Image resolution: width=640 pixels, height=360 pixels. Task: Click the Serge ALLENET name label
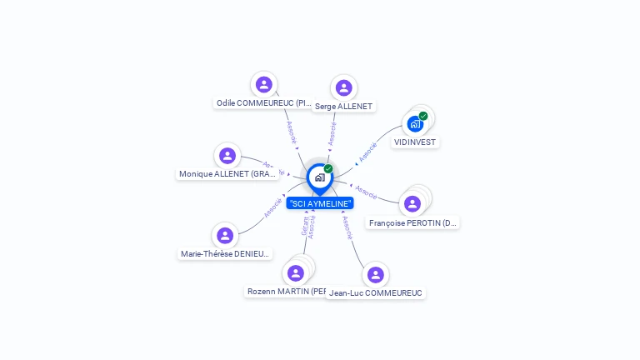(x=343, y=107)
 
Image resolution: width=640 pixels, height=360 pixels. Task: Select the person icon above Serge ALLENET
(x=343, y=87)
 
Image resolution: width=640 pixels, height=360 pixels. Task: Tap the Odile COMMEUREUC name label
(x=263, y=103)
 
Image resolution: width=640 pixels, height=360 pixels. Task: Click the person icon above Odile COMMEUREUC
(x=264, y=84)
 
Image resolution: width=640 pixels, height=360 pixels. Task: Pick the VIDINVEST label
(x=415, y=142)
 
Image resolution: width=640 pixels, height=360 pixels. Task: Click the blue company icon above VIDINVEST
(x=415, y=124)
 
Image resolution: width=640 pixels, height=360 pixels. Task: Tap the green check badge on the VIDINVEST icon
(x=423, y=116)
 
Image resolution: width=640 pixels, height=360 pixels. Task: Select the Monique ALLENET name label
(x=227, y=174)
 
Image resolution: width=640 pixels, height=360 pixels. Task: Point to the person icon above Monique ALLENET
(x=227, y=155)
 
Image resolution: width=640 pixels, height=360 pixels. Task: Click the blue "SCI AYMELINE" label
(x=320, y=203)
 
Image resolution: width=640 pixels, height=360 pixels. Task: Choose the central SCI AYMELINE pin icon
(x=319, y=177)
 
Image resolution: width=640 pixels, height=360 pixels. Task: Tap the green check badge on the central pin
(x=328, y=169)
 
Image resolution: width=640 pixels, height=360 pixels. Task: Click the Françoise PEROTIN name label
(x=413, y=223)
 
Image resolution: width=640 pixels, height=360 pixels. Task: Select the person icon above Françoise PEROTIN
(x=412, y=203)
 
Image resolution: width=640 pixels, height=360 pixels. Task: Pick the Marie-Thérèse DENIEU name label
(x=225, y=254)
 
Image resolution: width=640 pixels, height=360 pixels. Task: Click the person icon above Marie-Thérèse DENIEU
(x=225, y=235)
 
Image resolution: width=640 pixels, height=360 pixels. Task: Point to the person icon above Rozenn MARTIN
(x=295, y=272)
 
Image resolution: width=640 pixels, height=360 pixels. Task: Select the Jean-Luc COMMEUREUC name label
(x=376, y=293)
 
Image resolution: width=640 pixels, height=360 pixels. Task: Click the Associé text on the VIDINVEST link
(x=367, y=152)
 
